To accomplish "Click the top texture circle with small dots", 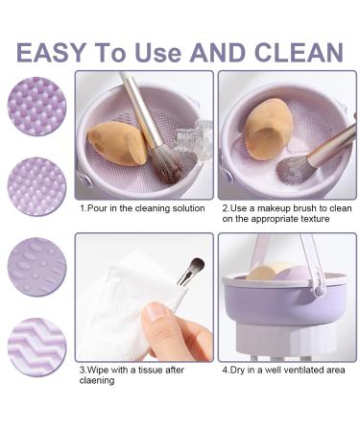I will click(x=36, y=106).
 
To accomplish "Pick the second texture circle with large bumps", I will click(x=36, y=186).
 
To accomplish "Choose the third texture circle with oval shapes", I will click(x=36, y=267).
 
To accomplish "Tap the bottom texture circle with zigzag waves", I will click(x=36, y=347).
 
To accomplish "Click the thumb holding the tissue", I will click(x=158, y=316).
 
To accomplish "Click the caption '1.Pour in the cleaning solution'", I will click(x=141, y=207).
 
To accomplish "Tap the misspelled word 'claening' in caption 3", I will click(x=102, y=379).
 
